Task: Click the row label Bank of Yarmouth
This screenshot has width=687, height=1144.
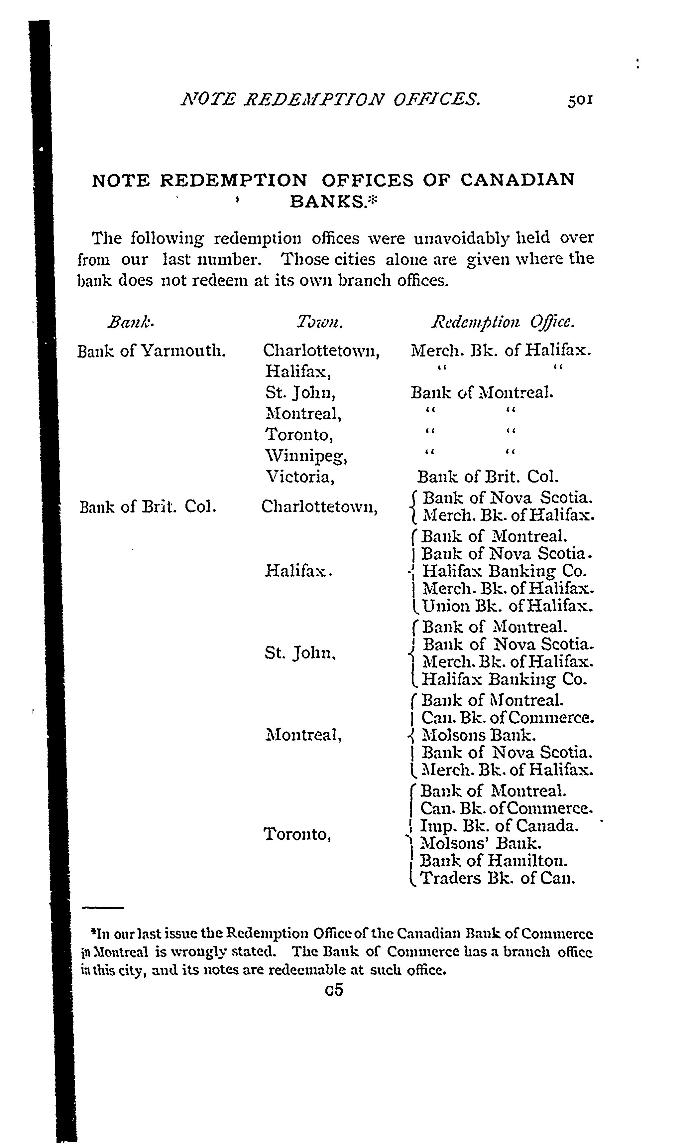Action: [151, 351]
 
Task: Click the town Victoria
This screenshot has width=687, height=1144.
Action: [299, 477]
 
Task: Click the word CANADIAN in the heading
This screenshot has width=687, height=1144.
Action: [517, 179]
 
